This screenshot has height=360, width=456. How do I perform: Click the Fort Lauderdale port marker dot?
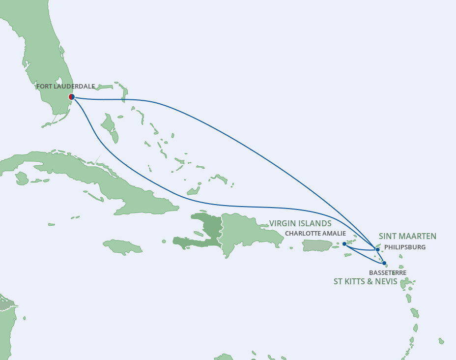pos(72,97)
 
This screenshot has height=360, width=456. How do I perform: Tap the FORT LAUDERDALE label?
pos(65,87)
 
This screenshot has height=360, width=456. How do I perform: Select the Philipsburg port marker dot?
pos(377,250)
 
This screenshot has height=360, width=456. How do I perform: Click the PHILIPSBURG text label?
pos(405,247)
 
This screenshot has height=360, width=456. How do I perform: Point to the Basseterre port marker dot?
pos(384,263)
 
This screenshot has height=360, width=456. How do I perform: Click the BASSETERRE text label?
pos(387,272)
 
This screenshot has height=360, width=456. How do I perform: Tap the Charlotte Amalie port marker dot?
pos(344,243)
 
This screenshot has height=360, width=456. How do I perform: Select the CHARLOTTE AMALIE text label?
pos(315,234)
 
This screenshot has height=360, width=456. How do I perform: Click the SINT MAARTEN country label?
pos(407,236)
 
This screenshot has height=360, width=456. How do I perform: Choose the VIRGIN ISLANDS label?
pos(300,224)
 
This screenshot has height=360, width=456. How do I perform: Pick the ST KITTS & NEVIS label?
pos(365,282)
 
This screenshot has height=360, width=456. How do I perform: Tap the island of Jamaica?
pos(123,245)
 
